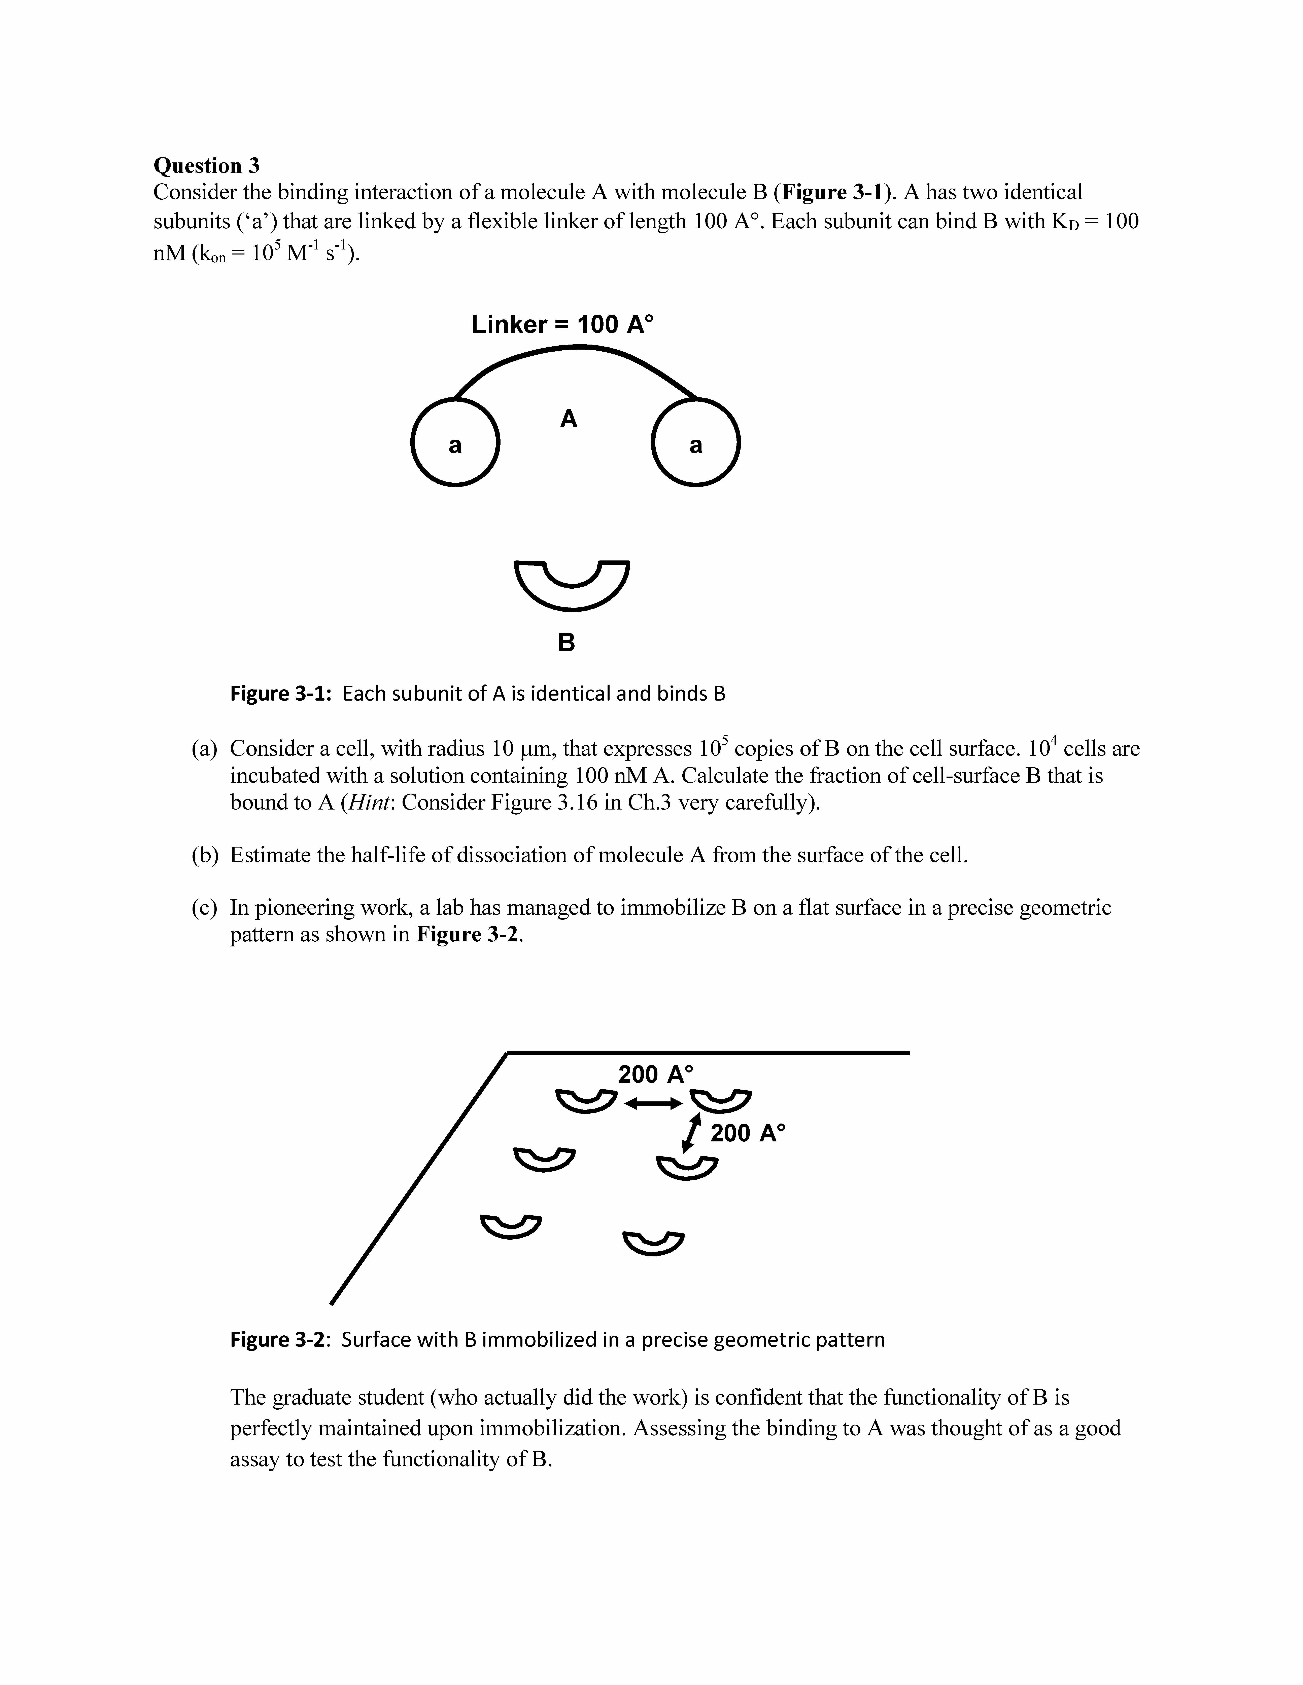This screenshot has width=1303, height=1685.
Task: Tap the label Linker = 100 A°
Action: [562, 324]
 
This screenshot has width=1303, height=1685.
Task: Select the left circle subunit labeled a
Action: [455, 442]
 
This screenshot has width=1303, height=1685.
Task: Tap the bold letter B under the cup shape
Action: [567, 642]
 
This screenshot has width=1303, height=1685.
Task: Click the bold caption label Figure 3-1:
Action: [281, 694]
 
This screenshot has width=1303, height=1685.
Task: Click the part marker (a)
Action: [205, 748]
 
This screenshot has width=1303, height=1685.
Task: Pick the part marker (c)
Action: [205, 907]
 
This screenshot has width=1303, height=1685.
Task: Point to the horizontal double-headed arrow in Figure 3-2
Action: [653, 1104]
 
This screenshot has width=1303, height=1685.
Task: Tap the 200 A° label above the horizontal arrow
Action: [656, 1074]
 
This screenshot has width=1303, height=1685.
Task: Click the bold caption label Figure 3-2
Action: [279, 1339]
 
